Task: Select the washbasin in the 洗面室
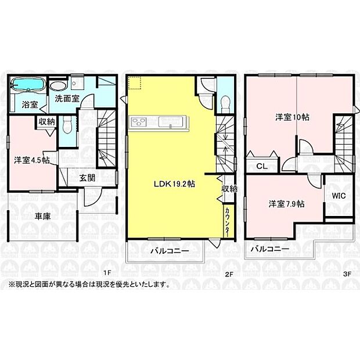[59, 86]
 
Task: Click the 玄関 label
[88, 178]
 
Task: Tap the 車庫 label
[42, 216]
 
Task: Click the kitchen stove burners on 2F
[140, 122]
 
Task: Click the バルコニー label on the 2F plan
[167, 251]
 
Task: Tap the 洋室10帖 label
[292, 117]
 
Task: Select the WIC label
[339, 196]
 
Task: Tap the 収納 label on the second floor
[229, 189]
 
